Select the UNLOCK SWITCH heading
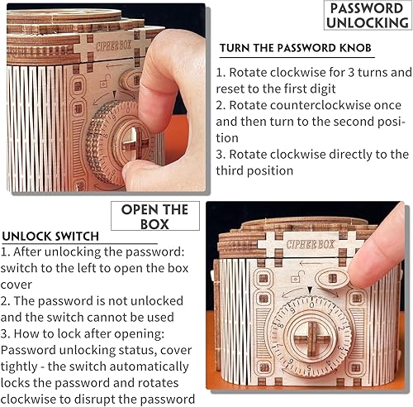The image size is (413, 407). (51, 237)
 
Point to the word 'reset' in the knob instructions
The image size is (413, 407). (233, 89)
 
